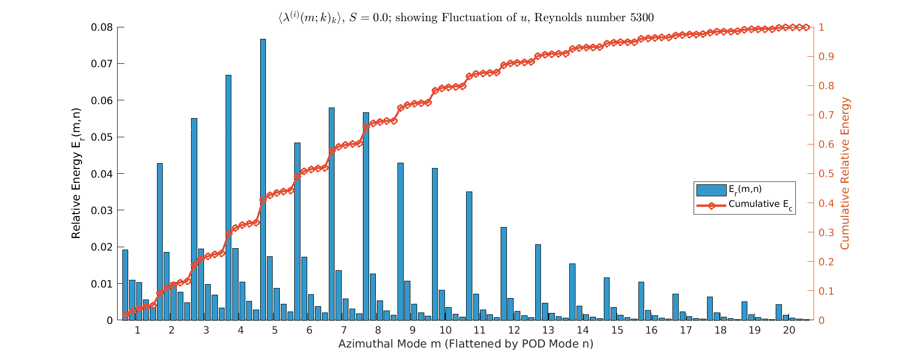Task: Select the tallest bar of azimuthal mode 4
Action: click(228, 197)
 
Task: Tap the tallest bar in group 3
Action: click(194, 219)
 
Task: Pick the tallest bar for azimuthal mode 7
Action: click(332, 214)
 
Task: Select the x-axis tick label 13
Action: click(548, 330)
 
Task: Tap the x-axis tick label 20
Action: click(789, 330)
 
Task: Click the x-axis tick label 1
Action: click(137, 330)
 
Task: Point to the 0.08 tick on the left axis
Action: click(102, 27)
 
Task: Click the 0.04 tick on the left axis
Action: click(102, 174)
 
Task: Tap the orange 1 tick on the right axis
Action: click(821, 27)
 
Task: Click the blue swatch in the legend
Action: click(711, 190)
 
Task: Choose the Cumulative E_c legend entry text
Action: click(760, 204)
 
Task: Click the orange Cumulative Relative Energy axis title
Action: click(845, 173)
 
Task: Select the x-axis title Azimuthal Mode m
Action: click(466, 344)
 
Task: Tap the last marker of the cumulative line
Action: click(806, 27)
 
